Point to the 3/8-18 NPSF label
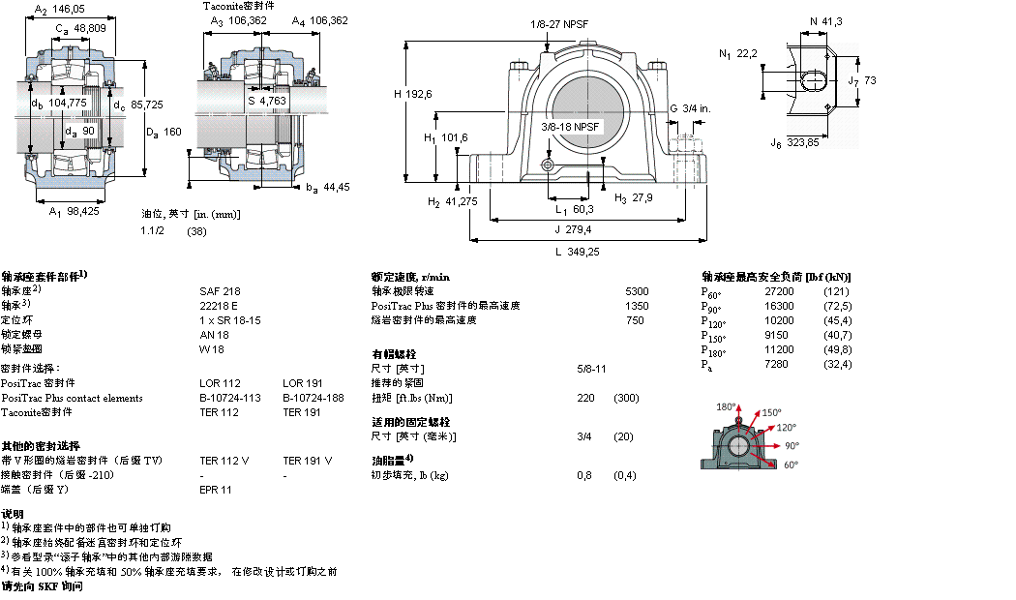point(571,127)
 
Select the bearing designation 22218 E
point(219,305)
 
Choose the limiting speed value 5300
point(637,290)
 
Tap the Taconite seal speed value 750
point(635,319)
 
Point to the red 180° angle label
point(726,406)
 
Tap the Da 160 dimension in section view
point(163,132)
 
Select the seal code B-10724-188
point(313,398)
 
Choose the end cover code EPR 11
point(215,490)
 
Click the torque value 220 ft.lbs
point(584,398)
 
